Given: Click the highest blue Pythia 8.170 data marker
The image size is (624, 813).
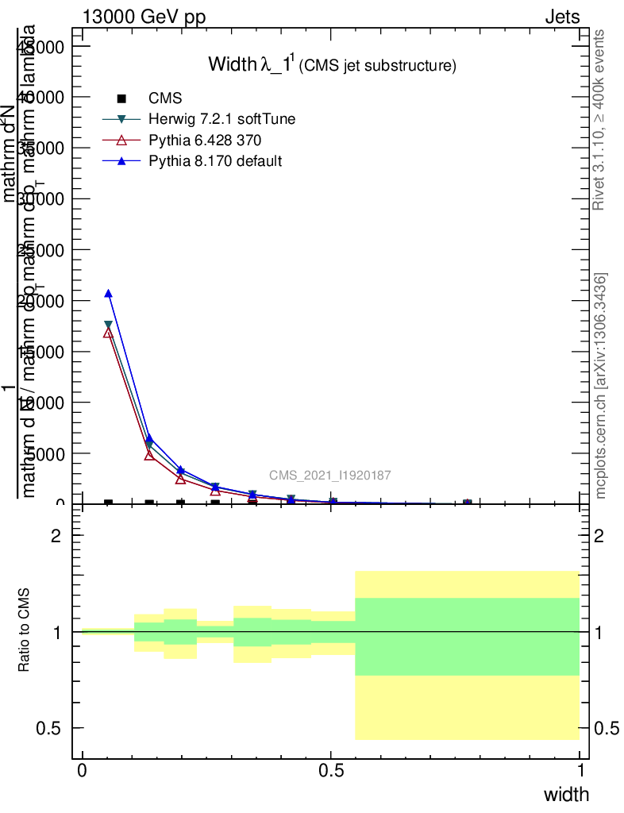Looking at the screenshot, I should (109, 294).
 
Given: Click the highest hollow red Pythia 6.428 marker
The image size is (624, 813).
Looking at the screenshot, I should (109, 333).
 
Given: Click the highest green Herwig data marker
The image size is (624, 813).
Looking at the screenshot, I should (109, 326).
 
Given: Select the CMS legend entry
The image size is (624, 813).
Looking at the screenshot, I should (165, 98).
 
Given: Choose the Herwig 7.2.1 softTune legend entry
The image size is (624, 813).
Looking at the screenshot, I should (222, 119).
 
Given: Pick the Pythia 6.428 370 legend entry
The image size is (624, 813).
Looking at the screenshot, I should (205, 141).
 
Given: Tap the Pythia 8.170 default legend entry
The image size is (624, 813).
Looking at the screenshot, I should (215, 161).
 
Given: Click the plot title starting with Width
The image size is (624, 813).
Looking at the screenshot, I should (332, 65).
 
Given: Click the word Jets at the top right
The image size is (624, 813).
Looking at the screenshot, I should (562, 17).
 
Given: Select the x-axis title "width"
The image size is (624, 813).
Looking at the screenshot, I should (566, 795).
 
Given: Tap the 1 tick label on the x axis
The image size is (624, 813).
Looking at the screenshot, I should (580, 770).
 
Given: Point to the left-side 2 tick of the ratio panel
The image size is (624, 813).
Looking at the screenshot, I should (56, 536).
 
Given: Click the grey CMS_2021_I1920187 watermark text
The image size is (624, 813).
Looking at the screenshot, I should (329, 476).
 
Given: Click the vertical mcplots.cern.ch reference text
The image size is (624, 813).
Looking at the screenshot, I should (601, 386).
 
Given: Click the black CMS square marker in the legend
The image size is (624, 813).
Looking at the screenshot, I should (121, 98).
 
